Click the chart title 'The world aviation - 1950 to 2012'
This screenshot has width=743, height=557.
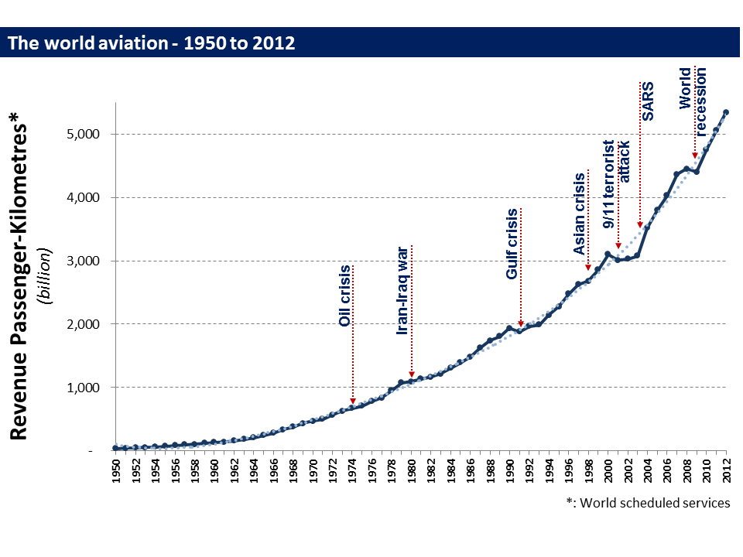[x=152, y=43]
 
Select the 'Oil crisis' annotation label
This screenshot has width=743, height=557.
[x=345, y=296]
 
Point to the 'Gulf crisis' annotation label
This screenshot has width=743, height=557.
[x=512, y=244]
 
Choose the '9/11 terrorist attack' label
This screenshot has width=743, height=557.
[x=617, y=183]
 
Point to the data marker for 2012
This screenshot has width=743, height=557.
[x=726, y=112]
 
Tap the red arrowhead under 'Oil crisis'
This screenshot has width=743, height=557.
[x=353, y=401]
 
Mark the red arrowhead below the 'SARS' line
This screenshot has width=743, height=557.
[x=640, y=225]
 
